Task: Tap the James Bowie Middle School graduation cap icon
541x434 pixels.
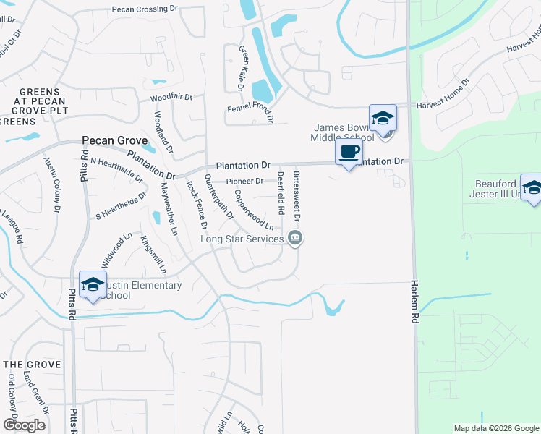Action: point(383,118)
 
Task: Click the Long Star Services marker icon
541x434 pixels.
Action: point(294,238)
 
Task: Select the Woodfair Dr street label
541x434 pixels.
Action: point(171,97)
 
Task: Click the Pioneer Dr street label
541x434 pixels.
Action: point(244,181)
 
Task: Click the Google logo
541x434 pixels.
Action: point(24,425)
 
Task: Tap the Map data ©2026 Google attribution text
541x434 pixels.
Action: point(495,428)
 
